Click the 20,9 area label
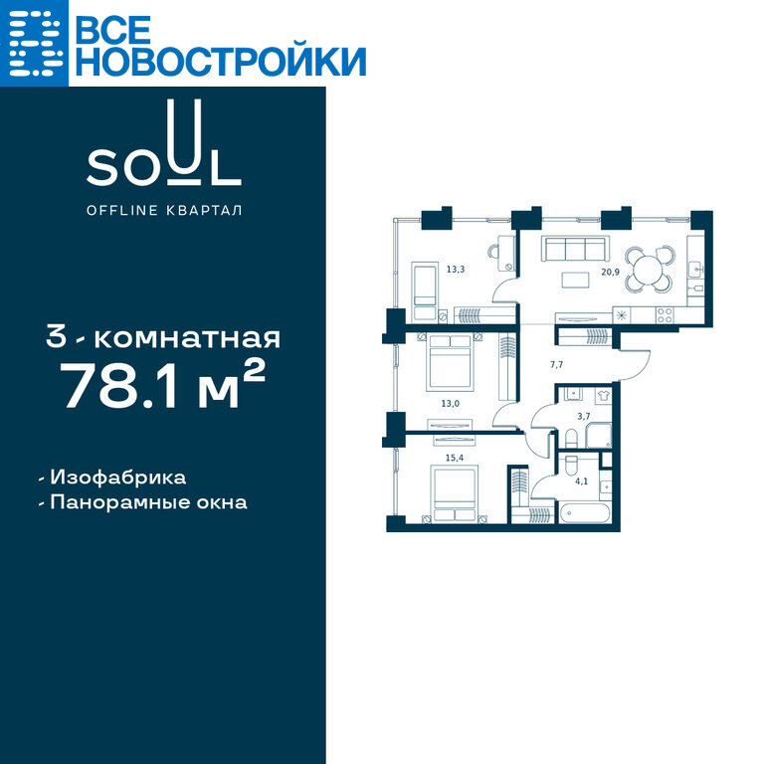point(610,272)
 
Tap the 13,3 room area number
point(456,269)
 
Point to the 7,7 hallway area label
point(556,364)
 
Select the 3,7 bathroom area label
point(584,416)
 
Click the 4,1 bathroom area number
point(581,481)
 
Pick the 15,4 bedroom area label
point(455,458)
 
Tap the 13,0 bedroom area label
point(451,404)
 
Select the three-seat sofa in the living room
point(575,249)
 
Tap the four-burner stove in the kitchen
point(665,315)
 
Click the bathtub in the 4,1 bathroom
point(584,513)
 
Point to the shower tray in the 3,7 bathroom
point(598,436)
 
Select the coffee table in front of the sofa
point(575,280)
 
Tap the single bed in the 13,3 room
point(425,291)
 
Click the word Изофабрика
point(118,477)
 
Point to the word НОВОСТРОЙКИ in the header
point(221,62)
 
